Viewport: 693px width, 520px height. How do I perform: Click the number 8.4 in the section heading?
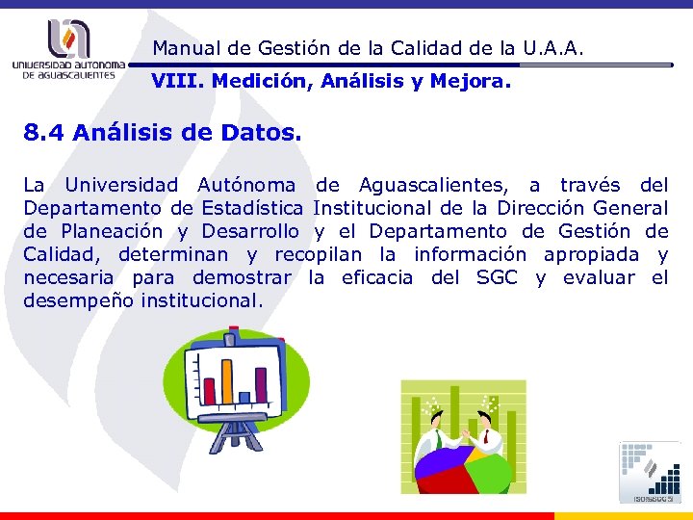click(44, 133)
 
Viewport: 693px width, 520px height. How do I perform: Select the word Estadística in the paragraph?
click(253, 208)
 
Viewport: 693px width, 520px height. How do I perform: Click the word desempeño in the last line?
click(79, 300)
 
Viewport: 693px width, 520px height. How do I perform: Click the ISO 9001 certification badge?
click(650, 472)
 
